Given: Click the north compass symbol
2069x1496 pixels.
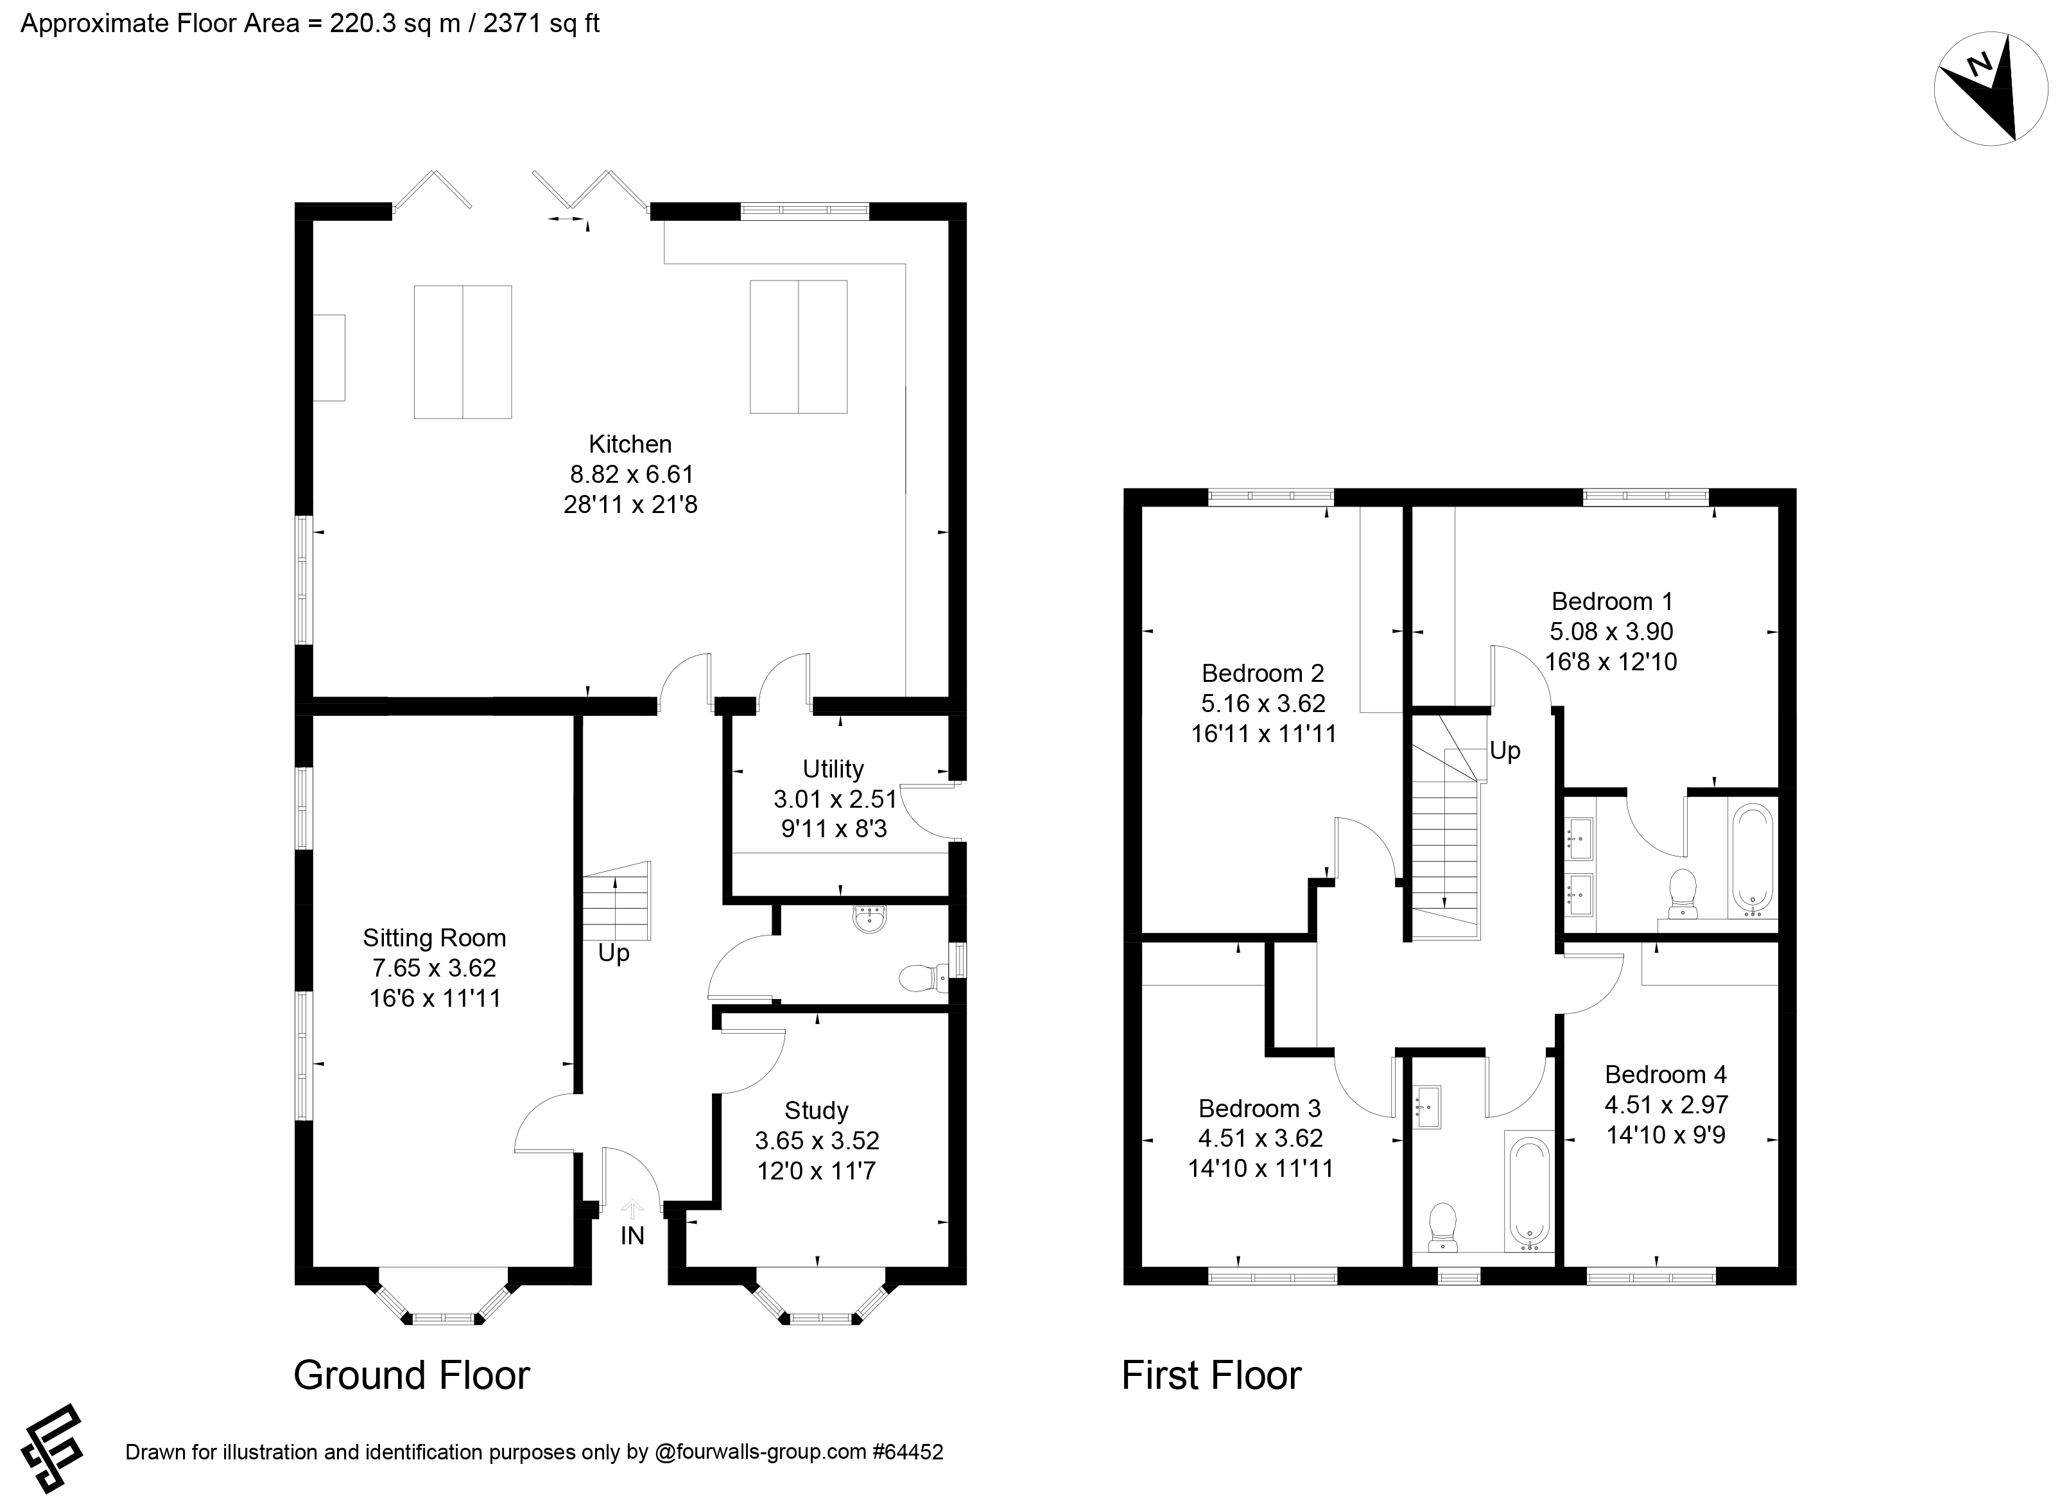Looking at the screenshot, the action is [x=1978, y=100].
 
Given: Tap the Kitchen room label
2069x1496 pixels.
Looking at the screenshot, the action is [x=630, y=444].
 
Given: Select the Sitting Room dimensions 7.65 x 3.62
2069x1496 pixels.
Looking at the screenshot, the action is [x=434, y=968].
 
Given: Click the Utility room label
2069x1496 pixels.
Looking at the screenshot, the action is [x=833, y=769].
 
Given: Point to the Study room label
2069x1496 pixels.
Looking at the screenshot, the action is [x=817, y=1110].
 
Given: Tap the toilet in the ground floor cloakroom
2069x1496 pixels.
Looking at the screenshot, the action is [x=921, y=978].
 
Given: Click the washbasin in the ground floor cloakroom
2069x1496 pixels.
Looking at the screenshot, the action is [x=870, y=919].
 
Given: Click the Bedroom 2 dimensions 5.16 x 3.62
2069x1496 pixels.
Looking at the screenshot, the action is [x=1263, y=703].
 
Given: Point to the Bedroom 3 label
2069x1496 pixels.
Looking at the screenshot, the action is [x=1260, y=1108].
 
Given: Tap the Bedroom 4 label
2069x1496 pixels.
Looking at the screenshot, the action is [x=1666, y=1075].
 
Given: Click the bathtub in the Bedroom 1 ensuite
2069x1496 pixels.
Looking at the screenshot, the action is [x=1751, y=858].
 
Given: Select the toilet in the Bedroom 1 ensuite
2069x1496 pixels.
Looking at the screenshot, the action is [x=1681, y=893].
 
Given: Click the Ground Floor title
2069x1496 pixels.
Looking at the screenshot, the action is [x=411, y=1375].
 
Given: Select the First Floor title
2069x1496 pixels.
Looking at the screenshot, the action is [x=1211, y=1375].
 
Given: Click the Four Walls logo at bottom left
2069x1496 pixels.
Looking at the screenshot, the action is [x=52, y=1448].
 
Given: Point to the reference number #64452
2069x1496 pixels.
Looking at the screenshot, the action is [x=908, y=1451].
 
